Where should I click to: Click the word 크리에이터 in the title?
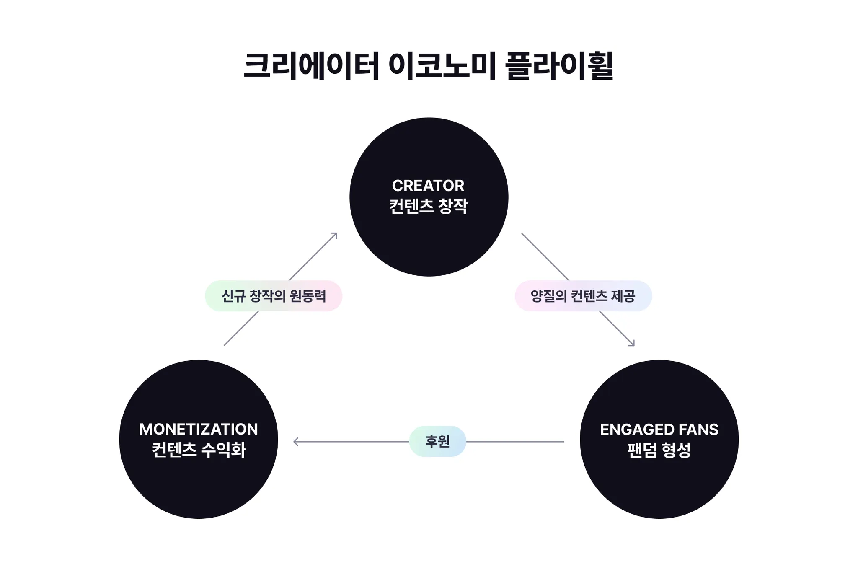tap(311, 66)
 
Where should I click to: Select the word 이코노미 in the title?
tap(442, 66)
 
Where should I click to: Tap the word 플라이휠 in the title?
tap(559, 66)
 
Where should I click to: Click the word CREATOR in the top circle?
tap(428, 186)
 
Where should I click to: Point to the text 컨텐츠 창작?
tap(428, 206)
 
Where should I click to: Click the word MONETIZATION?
tap(199, 430)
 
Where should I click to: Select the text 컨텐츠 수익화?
tap(199, 450)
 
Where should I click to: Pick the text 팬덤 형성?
tap(659, 450)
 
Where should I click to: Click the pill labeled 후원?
tap(437, 441)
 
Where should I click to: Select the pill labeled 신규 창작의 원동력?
tap(274, 296)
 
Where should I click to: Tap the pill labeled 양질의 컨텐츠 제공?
tap(583, 296)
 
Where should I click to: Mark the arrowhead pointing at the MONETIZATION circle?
tap(295, 442)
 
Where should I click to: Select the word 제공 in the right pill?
tap(623, 296)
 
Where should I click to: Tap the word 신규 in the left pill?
tap(233, 296)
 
